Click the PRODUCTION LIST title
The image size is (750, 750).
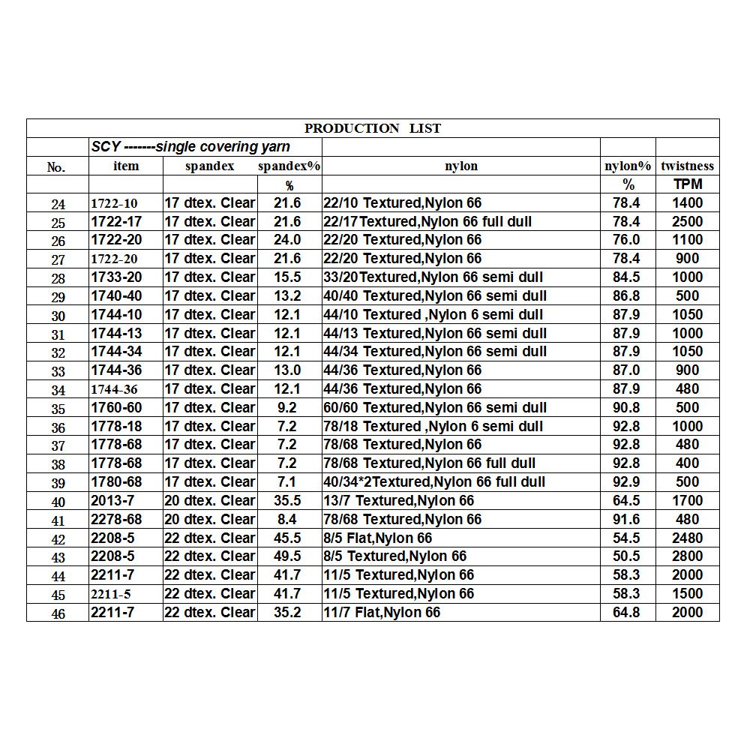pos(373,128)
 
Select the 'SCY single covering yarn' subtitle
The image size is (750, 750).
pos(190,147)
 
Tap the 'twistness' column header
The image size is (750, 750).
pos(687,166)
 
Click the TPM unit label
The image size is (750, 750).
pos(687,184)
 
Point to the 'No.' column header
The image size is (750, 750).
pos(57,167)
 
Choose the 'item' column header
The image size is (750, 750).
pos(125,166)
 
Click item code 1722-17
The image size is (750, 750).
pos(116,221)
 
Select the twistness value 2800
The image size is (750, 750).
pos(687,556)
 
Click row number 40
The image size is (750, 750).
pos(58,502)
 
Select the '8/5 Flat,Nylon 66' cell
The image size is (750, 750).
pos(378,538)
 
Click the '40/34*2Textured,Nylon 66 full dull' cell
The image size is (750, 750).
pos(434,482)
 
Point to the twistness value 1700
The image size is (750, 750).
pos(687,500)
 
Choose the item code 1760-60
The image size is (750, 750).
pos(116,408)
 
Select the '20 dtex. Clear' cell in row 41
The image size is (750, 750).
pos(210,519)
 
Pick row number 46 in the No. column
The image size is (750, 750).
pos(58,613)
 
